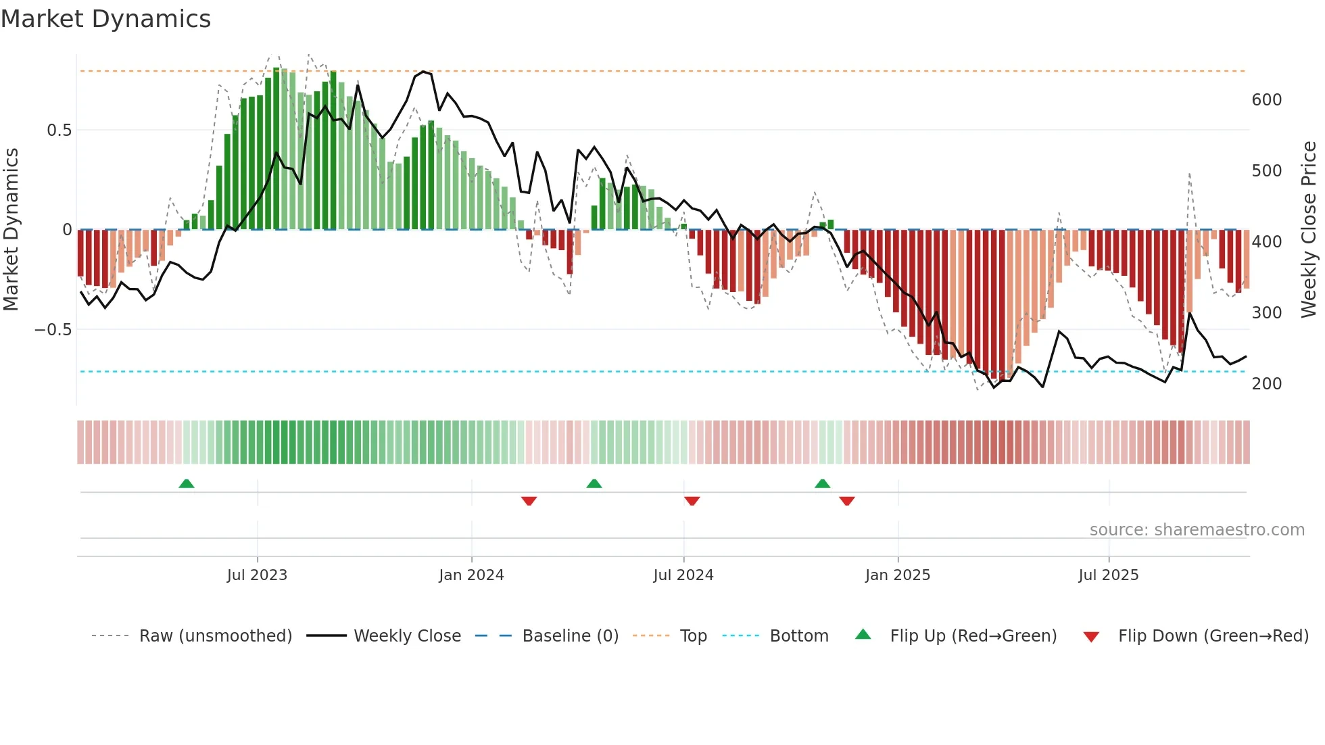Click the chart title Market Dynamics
pos(106,19)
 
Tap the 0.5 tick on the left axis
pos(59,130)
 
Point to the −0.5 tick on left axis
pos(53,330)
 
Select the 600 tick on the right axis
pos(1266,100)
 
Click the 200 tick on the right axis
pos(1266,384)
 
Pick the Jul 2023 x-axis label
pos(257,575)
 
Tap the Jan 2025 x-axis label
pos(897,575)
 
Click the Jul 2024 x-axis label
pos(683,575)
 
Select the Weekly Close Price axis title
pos(1309,230)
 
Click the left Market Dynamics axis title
pos(11,230)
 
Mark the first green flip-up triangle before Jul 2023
pos(187,483)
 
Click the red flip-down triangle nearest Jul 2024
pos(692,501)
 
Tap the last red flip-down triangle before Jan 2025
pos(847,501)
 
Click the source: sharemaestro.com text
pos(1197,530)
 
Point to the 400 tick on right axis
pos(1266,242)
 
